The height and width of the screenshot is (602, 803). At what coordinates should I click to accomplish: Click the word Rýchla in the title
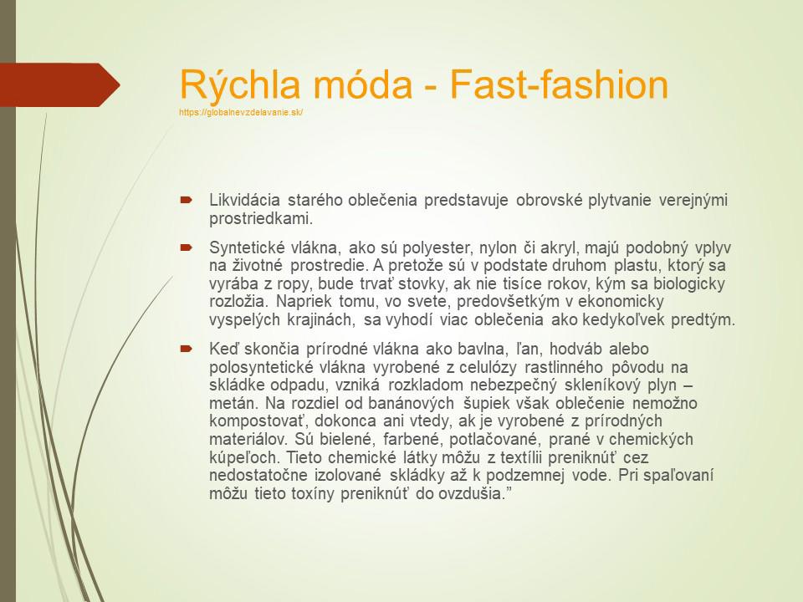(240, 85)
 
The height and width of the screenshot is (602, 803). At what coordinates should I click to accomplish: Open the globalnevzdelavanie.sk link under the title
(241, 112)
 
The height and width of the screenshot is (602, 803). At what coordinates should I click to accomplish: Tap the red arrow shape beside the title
(60, 85)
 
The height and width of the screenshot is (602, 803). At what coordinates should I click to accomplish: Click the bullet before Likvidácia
(186, 200)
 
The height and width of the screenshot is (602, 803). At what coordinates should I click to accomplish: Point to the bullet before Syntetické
(186, 247)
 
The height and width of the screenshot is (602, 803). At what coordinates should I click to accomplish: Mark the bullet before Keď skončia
(186, 349)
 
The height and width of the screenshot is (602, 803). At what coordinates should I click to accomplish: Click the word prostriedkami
(261, 218)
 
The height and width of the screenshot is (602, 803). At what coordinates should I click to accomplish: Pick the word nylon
(498, 247)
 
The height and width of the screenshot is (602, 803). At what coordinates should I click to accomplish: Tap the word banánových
(411, 403)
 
